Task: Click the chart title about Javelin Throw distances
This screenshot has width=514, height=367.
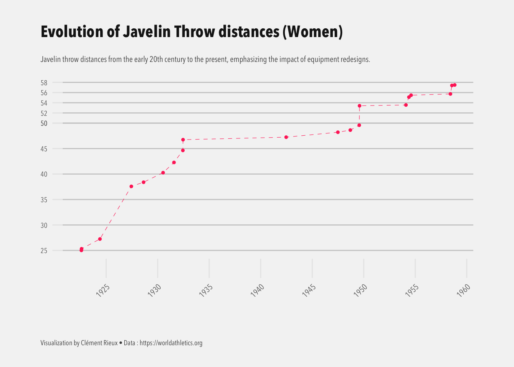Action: (x=191, y=32)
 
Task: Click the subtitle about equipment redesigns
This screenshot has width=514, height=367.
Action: (x=205, y=60)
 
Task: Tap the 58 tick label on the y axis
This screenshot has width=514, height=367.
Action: (x=44, y=83)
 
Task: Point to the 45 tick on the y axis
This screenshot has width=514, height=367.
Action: (x=44, y=149)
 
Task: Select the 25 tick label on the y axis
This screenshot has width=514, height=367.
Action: (x=44, y=251)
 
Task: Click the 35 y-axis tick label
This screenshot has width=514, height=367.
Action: (x=44, y=200)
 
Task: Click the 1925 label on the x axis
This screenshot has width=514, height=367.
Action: (x=103, y=291)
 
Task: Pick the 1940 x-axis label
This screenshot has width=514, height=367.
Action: (x=257, y=291)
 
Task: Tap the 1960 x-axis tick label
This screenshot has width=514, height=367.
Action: (x=464, y=291)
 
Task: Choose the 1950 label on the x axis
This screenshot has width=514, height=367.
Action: (x=360, y=291)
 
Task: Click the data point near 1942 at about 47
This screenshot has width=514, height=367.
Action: (x=286, y=137)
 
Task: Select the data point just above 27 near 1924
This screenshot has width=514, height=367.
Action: (x=100, y=239)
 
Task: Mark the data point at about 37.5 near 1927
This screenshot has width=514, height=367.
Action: (x=131, y=187)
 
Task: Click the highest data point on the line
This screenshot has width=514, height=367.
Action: (x=454, y=85)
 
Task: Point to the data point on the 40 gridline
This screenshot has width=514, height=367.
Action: (x=163, y=173)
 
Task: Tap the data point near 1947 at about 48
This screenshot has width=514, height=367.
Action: (x=338, y=132)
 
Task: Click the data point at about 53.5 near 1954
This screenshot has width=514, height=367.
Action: (x=406, y=105)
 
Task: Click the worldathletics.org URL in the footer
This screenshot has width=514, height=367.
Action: (x=171, y=343)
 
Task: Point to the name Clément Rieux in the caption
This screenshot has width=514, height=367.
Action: (x=99, y=343)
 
